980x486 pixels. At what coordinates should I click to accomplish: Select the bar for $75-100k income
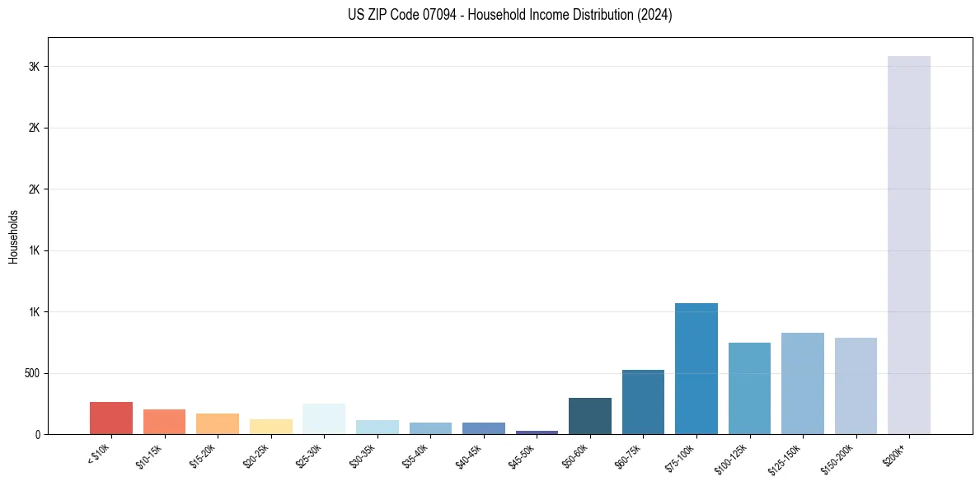point(696,368)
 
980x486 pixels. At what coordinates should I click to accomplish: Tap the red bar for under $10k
point(111,418)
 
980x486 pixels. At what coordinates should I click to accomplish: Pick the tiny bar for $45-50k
point(537,432)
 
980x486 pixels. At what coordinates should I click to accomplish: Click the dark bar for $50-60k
point(589,416)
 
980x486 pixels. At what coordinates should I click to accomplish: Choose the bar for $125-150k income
point(802,383)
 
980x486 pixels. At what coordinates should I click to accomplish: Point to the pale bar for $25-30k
point(324,418)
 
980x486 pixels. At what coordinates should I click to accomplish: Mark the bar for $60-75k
point(643,402)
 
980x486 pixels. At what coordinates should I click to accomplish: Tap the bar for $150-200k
point(856,386)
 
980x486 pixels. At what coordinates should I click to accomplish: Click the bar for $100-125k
point(749,388)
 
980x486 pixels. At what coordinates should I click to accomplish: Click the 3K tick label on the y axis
point(33,67)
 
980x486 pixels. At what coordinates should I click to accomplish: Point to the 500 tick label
point(30,373)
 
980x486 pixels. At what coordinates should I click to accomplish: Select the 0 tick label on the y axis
point(37,434)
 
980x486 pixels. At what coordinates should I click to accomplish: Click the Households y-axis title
point(13,236)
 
